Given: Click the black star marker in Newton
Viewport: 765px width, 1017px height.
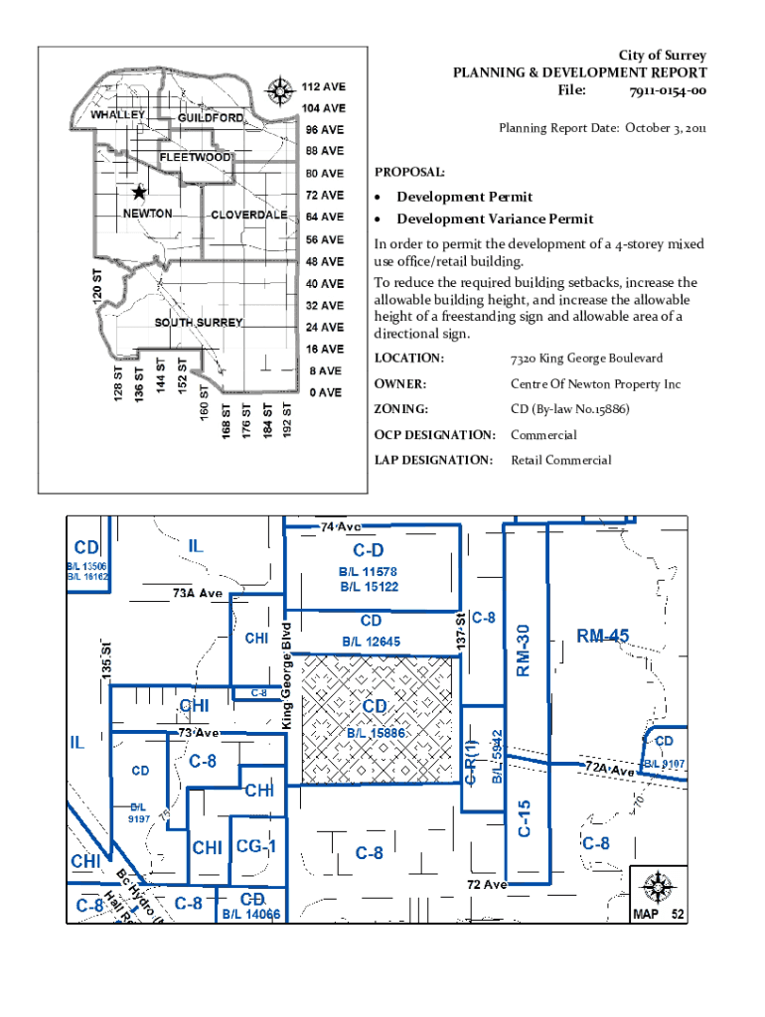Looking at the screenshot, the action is (x=139, y=192).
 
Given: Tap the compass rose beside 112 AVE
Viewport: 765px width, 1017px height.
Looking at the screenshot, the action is (x=280, y=90).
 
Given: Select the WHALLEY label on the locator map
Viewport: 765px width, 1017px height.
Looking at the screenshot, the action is (x=117, y=115).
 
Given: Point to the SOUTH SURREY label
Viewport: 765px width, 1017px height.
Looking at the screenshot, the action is (x=199, y=323).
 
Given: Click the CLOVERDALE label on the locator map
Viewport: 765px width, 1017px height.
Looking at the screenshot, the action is (x=249, y=215).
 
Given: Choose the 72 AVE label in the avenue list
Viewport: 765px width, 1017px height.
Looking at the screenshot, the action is (x=325, y=196).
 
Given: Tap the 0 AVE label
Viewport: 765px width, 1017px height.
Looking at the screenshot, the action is (x=326, y=392).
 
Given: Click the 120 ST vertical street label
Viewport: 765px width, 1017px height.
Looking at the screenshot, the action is (x=97, y=285).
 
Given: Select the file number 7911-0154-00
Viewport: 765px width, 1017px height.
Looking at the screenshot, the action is (x=668, y=90).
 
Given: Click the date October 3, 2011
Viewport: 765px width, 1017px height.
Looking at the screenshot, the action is (x=666, y=128).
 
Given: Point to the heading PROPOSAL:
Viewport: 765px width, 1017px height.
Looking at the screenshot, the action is (x=409, y=173).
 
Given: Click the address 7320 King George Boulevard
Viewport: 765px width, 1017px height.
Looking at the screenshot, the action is (x=586, y=358).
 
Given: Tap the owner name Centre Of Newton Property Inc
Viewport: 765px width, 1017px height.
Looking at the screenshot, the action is (x=596, y=384).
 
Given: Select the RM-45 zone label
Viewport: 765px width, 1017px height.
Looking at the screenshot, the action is (x=603, y=636).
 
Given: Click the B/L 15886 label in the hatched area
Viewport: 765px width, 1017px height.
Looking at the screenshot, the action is (x=376, y=733).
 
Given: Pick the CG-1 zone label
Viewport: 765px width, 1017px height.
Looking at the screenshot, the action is (x=256, y=846).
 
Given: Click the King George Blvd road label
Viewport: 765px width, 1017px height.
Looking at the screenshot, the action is (x=287, y=675).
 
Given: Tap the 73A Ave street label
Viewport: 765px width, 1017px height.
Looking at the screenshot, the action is (x=198, y=593).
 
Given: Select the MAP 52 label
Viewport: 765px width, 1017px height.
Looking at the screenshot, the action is (x=659, y=914).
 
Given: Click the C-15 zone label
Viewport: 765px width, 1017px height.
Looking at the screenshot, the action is (x=525, y=818).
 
